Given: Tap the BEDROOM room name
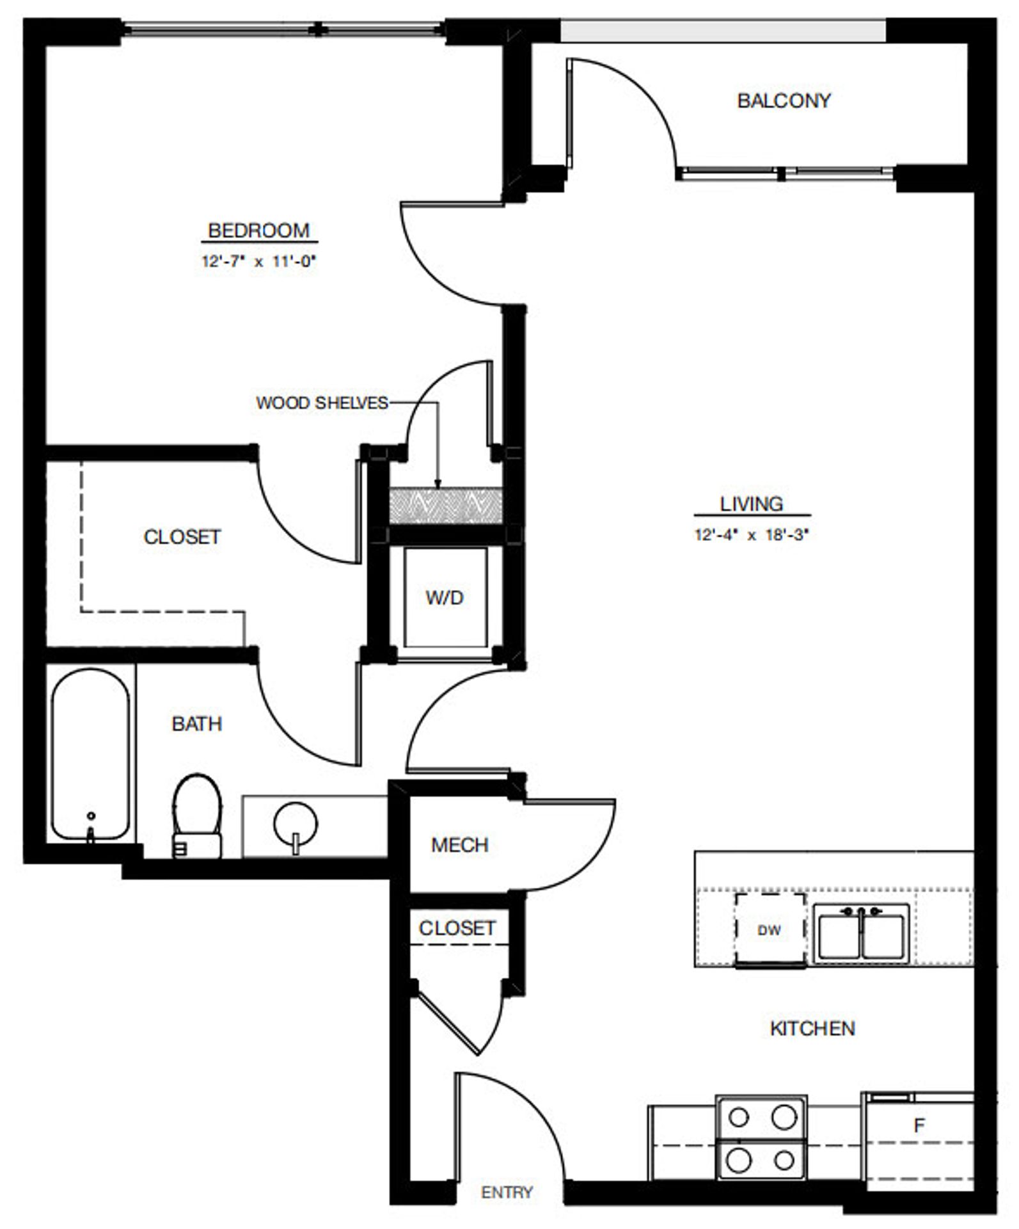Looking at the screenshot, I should [x=258, y=230].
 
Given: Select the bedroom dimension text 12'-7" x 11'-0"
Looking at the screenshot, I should [x=259, y=262].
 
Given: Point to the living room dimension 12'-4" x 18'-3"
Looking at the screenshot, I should [x=752, y=535].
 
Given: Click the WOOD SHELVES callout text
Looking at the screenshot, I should [x=322, y=403].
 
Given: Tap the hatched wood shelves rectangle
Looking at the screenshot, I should [x=445, y=506].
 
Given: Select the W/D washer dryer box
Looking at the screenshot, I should [x=445, y=598].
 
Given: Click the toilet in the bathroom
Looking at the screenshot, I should [x=197, y=816].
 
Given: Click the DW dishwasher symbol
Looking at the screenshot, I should [x=770, y=931].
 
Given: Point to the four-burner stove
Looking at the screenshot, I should [x=761, y=1137].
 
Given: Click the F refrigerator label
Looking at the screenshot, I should [x=919, y=1126].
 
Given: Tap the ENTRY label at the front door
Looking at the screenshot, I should [x=507, y=1193].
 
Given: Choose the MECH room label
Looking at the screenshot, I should [x=459, y=846].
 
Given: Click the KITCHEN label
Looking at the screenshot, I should [x=812, y=1029].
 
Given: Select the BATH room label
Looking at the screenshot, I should [x=197, y=724].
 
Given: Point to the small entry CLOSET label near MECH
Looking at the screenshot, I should [x=457, y=928].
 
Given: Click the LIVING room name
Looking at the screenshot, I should [x=752, y=504].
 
